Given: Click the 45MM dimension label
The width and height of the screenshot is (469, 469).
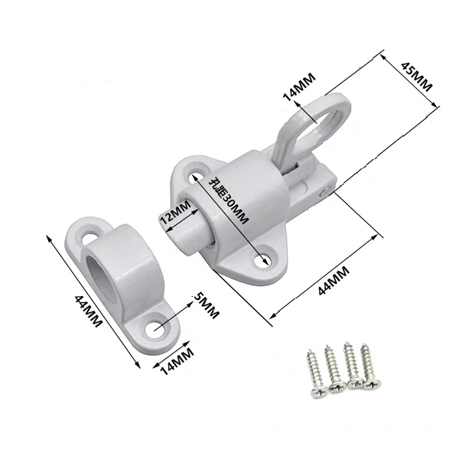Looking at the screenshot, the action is click(416, 77).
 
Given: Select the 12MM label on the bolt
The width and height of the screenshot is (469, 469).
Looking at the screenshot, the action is click(175, 213).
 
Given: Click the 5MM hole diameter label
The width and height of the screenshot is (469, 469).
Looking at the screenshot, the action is click(206, 306).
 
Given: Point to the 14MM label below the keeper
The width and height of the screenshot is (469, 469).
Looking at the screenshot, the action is click(177, 360).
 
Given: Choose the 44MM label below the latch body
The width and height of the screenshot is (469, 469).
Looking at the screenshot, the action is click(334, 280).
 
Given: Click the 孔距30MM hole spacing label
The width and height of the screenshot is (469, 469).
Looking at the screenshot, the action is click(230, 201).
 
